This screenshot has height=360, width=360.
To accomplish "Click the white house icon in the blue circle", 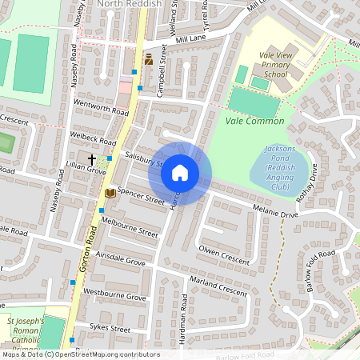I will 180,173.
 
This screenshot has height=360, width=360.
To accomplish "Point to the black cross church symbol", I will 92,160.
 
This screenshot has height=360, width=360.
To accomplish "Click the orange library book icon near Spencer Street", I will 109,193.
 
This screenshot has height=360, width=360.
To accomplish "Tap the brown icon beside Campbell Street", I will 148,59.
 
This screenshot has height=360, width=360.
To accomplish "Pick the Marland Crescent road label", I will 218,286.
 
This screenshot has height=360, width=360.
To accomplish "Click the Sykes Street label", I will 110,328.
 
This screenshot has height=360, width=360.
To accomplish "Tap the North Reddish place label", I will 129,4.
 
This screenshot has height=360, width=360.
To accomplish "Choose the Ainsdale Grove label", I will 120,262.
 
